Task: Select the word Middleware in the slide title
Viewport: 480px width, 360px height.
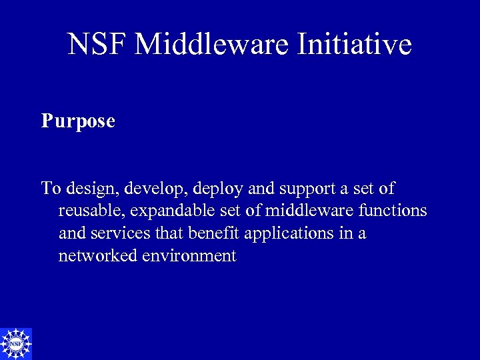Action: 211,45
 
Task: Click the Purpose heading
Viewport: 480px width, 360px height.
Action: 78,121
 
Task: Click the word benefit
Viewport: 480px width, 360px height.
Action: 215,234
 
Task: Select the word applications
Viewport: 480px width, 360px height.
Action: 291,234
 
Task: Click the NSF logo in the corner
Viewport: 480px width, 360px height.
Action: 16,344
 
